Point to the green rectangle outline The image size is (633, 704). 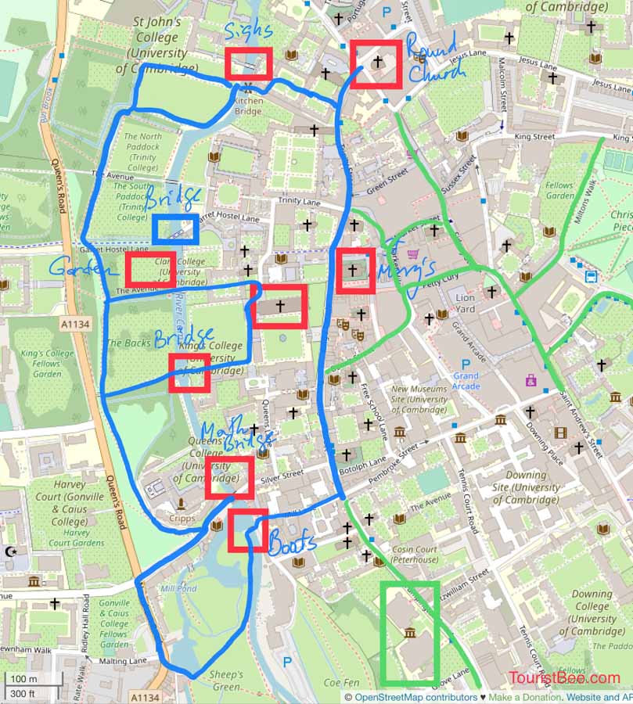pos(409,632)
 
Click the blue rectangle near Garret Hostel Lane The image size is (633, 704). pos(175,229)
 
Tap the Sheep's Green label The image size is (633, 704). pos(226,681)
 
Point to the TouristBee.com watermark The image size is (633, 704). pos(563,678)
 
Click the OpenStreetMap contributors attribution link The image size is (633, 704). pos(415,697)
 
